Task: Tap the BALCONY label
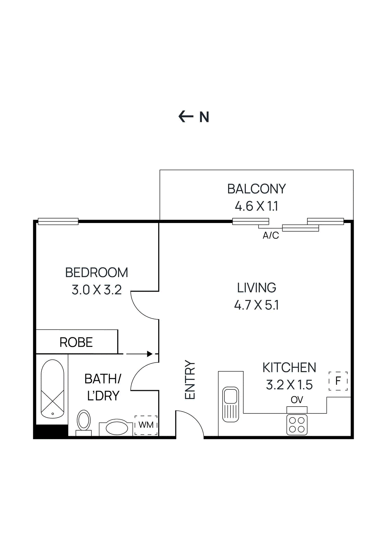pos(256,189)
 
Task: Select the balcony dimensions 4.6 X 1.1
pos(256,206)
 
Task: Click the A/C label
pos(271,235)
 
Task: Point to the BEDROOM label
pos(96,272)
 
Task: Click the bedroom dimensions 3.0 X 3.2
pos(96,290)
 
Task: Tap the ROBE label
pos(76,342)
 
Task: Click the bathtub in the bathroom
pos(52,388)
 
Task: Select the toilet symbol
pos(84,421)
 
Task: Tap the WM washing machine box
pos(146,425)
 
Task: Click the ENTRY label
pos(190,379)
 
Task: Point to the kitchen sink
pos(231,404)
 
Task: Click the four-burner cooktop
pos(297,424)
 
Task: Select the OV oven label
pos(297,400)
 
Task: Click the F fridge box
pos(338,381)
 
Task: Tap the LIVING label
pos(256,288)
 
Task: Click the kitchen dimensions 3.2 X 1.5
pos(289,385)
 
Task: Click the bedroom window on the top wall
pos(58,222)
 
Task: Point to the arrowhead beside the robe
pos(150,354)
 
